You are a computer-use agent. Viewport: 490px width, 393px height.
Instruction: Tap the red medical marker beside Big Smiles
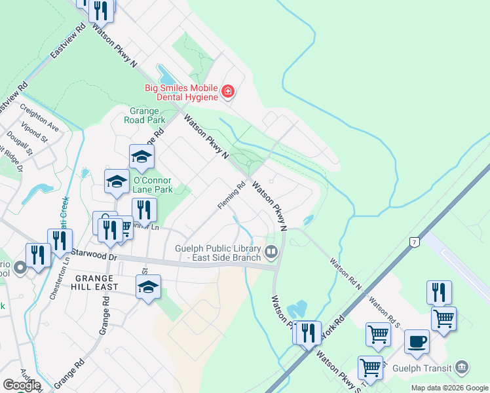227,91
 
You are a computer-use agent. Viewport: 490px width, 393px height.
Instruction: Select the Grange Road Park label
147,115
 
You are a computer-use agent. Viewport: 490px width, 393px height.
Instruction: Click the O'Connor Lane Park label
152,185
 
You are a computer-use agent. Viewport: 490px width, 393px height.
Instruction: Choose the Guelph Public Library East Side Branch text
219,253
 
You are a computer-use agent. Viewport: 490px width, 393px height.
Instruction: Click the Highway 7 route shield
413,242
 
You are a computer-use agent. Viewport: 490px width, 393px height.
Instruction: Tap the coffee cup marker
417,341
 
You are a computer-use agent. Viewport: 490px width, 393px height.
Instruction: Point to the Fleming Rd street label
231,195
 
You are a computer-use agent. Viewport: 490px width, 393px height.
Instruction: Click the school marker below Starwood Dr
148,286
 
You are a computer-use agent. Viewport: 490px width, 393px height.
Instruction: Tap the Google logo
22,385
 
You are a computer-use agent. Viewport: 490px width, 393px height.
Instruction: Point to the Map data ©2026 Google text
449,388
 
